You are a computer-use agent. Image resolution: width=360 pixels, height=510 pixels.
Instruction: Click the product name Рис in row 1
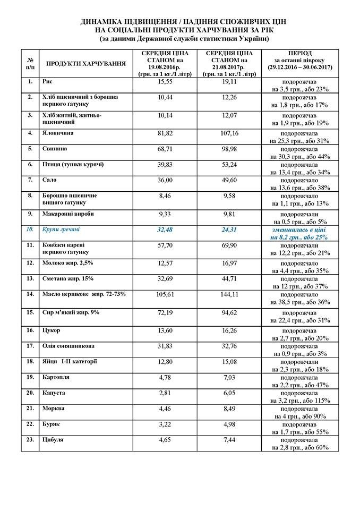(47, 81)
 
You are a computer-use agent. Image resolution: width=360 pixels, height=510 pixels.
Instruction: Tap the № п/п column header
(30, 64)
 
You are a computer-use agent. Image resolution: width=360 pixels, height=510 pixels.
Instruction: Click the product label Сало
(50, 180)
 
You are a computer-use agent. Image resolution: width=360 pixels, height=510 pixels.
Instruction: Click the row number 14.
(30, 294)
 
